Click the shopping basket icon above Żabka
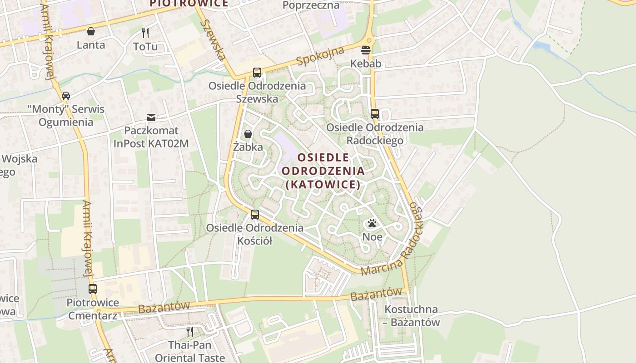248,134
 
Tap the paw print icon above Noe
372,223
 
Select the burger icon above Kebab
366,50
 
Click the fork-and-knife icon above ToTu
145,33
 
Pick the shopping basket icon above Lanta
91,31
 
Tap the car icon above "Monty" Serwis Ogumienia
66,96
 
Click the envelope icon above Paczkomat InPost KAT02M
151,118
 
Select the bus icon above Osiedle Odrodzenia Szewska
257,73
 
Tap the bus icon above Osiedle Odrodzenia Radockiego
375,114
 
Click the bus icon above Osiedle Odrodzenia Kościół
255,215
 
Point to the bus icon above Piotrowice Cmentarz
93,289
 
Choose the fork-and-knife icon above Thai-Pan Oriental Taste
190,332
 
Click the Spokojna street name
320,56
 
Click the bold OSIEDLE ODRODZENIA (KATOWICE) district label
323,171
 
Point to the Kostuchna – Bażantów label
411,316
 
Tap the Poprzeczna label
311,5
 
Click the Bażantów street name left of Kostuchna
377,294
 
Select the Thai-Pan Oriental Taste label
190,351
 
